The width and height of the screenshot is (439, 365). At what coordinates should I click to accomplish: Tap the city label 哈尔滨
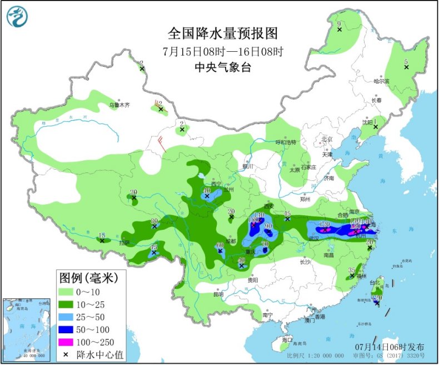381,81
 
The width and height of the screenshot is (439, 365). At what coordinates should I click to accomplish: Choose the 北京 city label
326,139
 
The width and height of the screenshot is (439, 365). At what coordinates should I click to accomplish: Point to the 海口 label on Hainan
287,339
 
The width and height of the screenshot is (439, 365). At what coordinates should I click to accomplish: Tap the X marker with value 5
406,68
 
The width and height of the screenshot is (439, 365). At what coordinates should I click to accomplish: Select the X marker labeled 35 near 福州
351,276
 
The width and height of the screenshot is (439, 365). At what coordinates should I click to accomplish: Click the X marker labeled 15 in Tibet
102,240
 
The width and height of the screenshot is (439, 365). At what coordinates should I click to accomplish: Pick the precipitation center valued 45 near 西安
287,219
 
